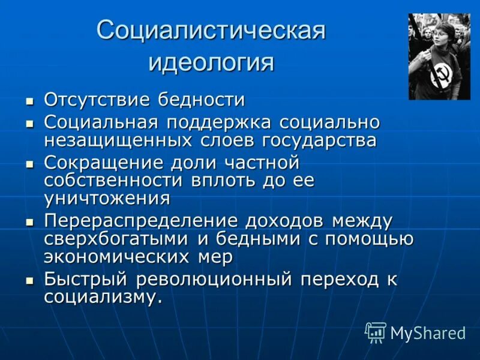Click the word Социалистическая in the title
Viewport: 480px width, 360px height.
pyautogui.click(x=211, y=31)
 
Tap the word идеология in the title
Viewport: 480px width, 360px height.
pyautogui.click(x=211, y=62)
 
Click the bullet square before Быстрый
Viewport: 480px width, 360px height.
pyautogui.click(x=30, y=280)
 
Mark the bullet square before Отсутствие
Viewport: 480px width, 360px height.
pyautogui.click(x=30, y=100)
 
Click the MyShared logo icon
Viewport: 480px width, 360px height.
pyautogui.click(x=376, y=332)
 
